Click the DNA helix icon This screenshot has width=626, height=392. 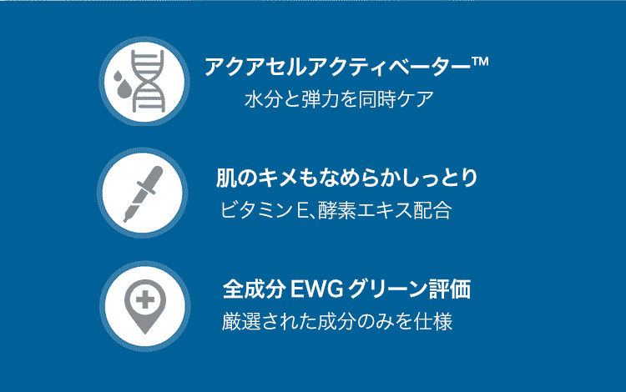(x=148, y=81)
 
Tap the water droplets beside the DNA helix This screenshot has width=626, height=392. (x=122, y=84)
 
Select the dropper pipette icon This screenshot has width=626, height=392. (x=143, y=193)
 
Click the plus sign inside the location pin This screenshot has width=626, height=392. (x=145, y=299)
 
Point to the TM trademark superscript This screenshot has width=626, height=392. (x=480, y=62)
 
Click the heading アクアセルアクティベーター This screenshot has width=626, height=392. (x=338, y=66)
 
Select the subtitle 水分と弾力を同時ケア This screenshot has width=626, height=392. (x=339, y=99)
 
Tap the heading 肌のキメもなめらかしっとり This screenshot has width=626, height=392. (x=346, y=178)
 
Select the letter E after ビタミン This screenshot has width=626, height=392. (x=302, y=210)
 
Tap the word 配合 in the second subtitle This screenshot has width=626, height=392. (x=432, y=210)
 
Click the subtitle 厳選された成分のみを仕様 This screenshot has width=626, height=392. (x=337, y=321)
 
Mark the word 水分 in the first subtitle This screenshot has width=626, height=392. (x=263, y=99)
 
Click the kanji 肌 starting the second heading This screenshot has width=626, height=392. (x=226, y=178)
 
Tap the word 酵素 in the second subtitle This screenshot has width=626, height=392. (x=336, y=210)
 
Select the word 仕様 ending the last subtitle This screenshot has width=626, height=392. (x=433, y=321)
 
